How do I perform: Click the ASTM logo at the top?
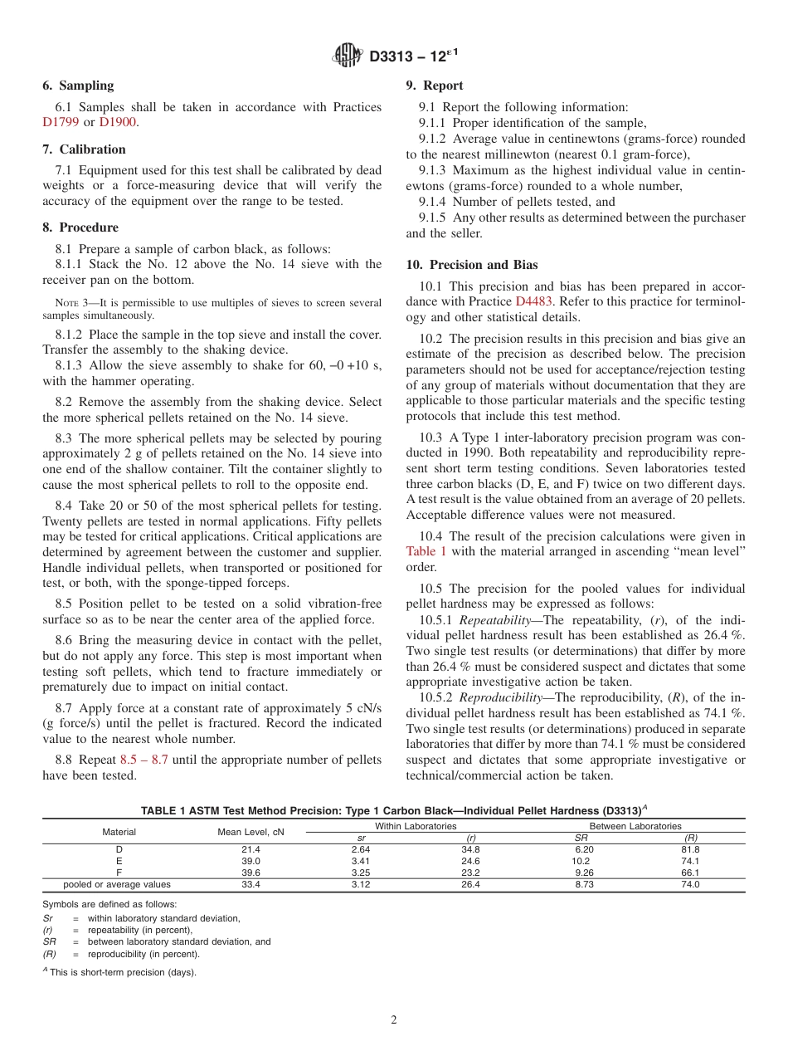point(347,56)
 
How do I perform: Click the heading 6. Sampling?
point(78,86)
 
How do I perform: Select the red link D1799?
point(61,122)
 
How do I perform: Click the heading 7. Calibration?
point(84,149)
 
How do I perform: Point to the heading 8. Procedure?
point(80,227)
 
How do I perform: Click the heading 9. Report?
point(435,86)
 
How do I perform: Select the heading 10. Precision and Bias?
point(472,266)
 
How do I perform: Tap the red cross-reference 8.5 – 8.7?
point(143,760)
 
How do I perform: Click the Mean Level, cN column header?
point(251,832)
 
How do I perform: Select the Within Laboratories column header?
point(416,826)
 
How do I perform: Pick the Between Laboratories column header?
point(635,826)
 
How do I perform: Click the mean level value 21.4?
point(251,850)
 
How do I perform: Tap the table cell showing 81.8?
point(689,850)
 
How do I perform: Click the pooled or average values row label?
point(118,885)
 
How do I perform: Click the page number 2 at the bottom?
point(394,1020)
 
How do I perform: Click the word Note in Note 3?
point(66,303)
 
